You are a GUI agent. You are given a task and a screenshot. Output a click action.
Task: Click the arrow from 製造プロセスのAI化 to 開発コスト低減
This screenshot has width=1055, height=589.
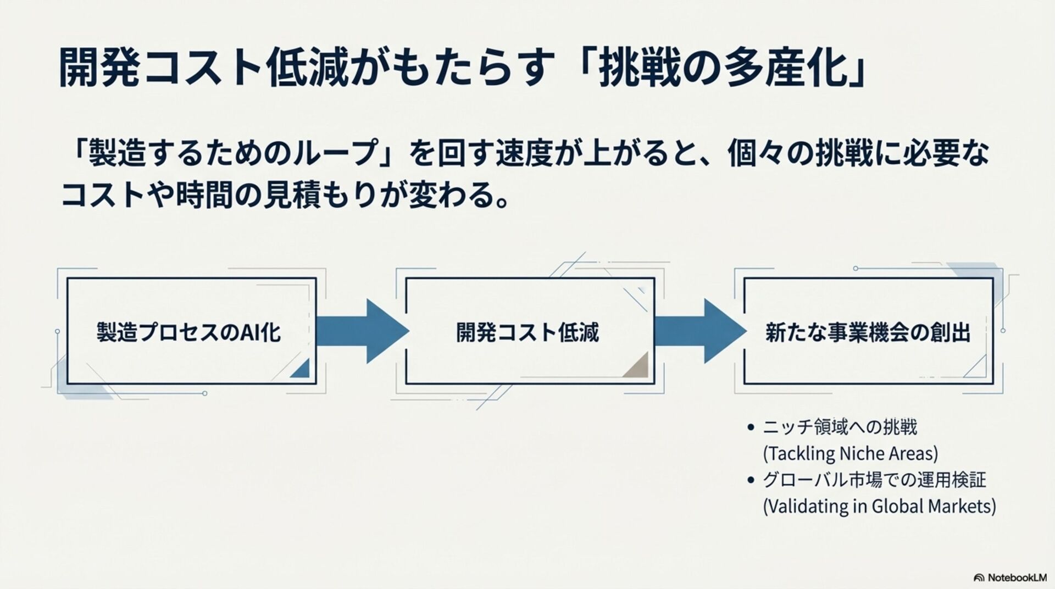coord(363,331)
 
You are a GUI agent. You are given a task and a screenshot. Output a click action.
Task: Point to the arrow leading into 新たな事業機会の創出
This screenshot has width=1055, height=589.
coord(701,331)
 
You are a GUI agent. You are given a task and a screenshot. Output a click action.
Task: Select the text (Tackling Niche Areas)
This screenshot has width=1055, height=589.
coord(851,454)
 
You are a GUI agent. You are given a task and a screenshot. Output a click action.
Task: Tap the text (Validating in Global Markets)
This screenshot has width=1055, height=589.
coord(879,506)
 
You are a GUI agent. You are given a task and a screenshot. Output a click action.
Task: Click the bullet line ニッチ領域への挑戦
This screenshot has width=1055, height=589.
coord(840,427)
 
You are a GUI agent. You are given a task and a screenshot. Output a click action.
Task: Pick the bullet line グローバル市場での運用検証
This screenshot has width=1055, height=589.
coord(874,480)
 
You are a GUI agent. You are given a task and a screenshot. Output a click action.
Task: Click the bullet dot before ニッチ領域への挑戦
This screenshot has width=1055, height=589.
coord(751,427)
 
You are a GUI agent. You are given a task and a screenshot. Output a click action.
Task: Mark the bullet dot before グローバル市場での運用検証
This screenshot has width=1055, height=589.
coord(751,480)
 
